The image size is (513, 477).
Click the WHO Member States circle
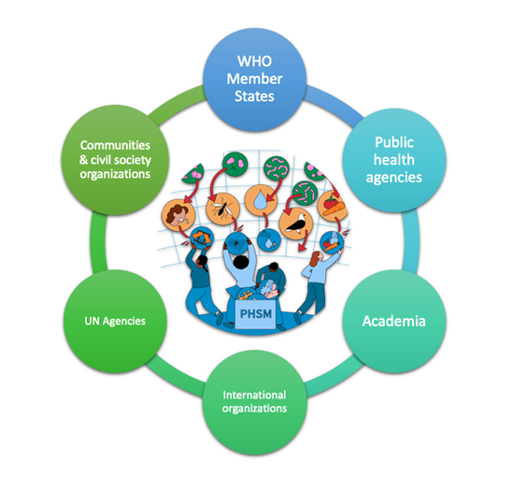pyautogui.click(x=254, y=79)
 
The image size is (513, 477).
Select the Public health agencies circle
pyautogui.click(x=394, y=161)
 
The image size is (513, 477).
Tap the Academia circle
pyautogui.click(x=394, y=321)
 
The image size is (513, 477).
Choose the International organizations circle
pyautogui.click(x=254, y=402)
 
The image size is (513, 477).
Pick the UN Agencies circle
pyautogui.click(x=115, y=321)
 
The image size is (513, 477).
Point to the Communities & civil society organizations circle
pyautogui.click(x=115, y=160)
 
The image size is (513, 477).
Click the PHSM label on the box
pyautogui.click(x=256, y=314)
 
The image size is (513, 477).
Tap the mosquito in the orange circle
pyautogui.click(x=222, y=208)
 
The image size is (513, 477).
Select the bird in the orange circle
pyautogui.click(x=296, y=224)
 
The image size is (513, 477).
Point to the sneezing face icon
pyautogui.click(x=178, y=215)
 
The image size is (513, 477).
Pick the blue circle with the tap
pyautogui.click(x=269, y=239)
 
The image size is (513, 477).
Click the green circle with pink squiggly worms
pyautogui.click(x=277, y=169)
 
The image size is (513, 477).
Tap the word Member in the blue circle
pyautogui.click(x=254, y=79)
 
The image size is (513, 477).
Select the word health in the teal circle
pyautogui.click(x=394, y=160)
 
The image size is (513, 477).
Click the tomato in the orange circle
pyautogui.click(x=331, y=202)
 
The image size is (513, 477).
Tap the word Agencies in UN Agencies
pyautogui.click(x=124, y=322)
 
